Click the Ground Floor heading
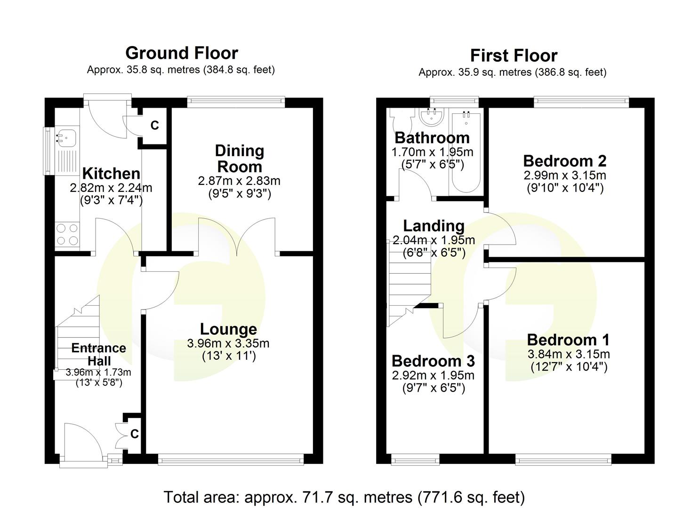pyautogui.click(x=182, y=53)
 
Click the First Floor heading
pyautogui.click(x=514, y=56)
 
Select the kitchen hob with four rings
pyautogui.click(x=67, y=234)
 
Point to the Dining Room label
pyautogui.click(x=239, y=159)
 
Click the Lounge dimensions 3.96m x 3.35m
pyautogui.click(x=228, y=344)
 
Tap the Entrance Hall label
pyautogui.click(x=99, y=354)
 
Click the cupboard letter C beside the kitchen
pyautogui.click(x=154, y=126)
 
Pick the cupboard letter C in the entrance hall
pyautogui.click(x=135, y=434)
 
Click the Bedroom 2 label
pyautogui.click(x=564, y=161)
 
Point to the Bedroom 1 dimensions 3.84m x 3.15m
pyautogui.click(x=569, y=354)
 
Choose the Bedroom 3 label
pyautogui.click(x=433, y=361)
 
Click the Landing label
pyautogui.click(x=434, y=226)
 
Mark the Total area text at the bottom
pyautogui.click(x=344, y=497)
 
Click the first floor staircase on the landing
pyautogui.click(x=409, y=282)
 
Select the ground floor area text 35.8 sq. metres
pyautogui.click(x=181, y=70)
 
